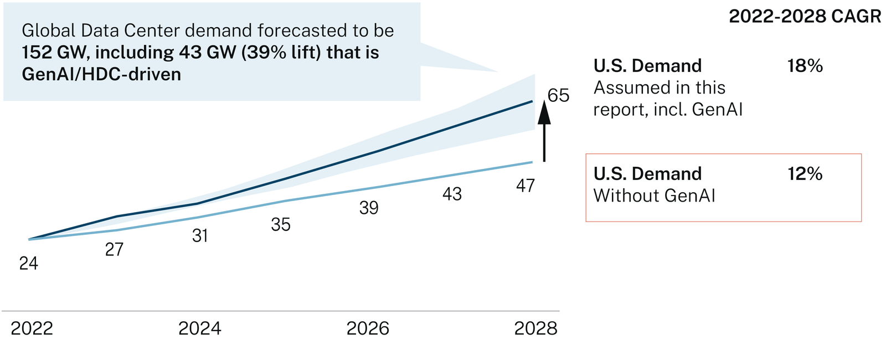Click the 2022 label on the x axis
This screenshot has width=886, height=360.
(32, 328)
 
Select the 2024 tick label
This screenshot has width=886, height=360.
(200, 328)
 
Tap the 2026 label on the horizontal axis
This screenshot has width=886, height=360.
(368, 328)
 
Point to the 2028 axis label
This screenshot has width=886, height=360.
(535, 328)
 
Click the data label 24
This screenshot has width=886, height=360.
(28, 264)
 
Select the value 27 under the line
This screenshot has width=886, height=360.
(114, 250)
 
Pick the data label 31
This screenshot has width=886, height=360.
(200, 236)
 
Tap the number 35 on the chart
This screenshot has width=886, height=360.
(281, 224)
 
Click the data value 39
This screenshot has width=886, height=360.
(369, 208)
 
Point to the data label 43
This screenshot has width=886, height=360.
(452, 194)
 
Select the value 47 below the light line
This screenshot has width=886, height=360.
(525, 186)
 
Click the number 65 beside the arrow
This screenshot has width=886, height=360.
(558, 96)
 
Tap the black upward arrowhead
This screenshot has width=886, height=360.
(544, 113)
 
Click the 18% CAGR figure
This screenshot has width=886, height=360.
(805, 66)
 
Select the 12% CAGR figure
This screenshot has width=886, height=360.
(805, 174)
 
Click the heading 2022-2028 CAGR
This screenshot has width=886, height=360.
(805, 17)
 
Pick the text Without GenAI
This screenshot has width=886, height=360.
(654, 196)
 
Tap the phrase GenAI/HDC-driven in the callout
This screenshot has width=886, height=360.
(101, 74)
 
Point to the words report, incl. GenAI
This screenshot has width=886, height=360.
(667, 110)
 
